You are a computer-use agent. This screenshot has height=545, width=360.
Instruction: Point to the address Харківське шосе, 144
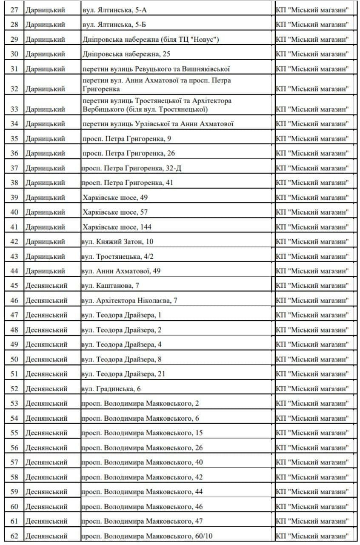point(117,227)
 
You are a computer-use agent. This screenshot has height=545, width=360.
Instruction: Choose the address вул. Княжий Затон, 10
point(117,241)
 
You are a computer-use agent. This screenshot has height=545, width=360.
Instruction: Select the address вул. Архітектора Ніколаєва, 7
point(129,301)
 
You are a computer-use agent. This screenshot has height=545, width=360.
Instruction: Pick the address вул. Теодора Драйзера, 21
point(123,374)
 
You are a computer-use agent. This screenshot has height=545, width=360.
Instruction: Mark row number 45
point(14,286)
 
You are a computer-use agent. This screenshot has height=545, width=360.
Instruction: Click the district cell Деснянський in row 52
point(46,389)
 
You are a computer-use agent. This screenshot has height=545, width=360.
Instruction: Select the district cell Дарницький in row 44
point(45,271)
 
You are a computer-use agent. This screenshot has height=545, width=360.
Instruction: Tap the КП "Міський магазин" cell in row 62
point(312,536)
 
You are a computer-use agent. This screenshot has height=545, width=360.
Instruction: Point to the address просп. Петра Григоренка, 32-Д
point(131,168)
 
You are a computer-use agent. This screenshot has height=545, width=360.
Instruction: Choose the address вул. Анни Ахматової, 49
point(121,271)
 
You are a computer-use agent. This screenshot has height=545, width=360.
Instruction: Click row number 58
point(14,477)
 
